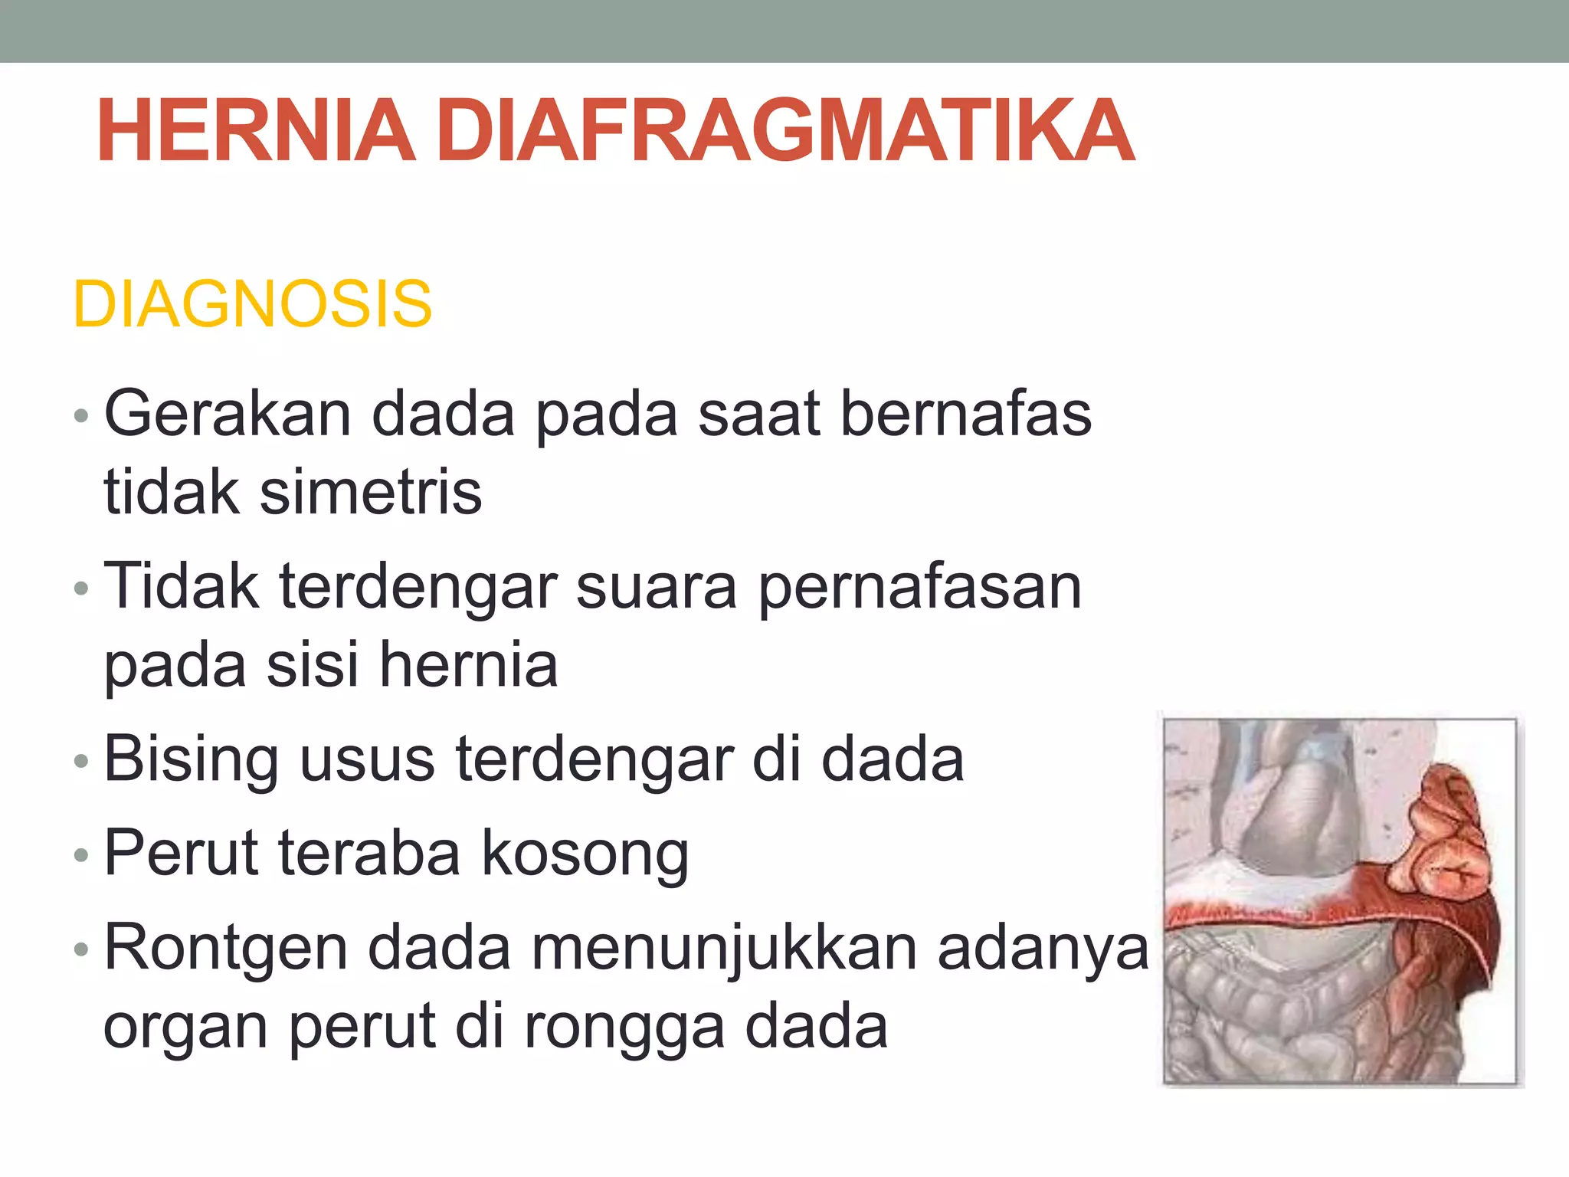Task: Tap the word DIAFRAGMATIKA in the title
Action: tap(786, 131)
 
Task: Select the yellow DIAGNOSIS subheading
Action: tap(252, 304)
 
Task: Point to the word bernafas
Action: tap(966, 415)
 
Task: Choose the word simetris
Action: tap(371, 492)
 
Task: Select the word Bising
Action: tap(191, 760)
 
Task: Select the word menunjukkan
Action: tap(725, 949)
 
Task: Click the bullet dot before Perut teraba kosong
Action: tap(81, 855)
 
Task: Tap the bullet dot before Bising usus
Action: tap(81, 761)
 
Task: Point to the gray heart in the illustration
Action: tap(1295, 812)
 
